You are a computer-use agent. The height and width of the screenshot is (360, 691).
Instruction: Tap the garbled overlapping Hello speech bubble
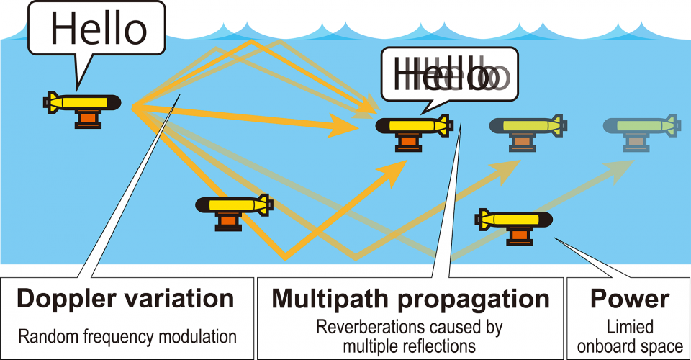pos(449,74)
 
